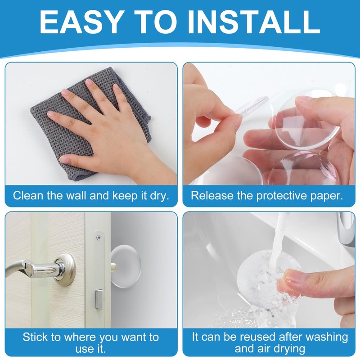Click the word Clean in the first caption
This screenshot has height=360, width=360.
28,196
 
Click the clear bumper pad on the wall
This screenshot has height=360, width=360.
126,266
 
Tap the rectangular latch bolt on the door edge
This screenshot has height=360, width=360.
99,299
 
